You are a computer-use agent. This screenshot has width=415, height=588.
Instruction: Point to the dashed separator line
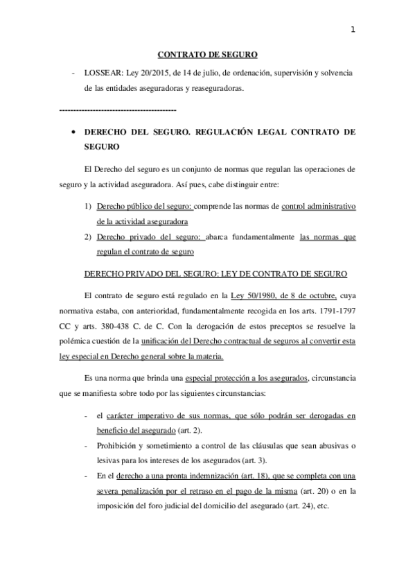click(118, 110)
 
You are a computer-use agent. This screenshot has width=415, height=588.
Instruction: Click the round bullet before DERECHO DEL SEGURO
click(71, 130)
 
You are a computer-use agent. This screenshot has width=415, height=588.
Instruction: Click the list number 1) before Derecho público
click(88, 207)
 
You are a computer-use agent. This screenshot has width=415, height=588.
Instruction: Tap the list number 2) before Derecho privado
click(88, 236)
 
